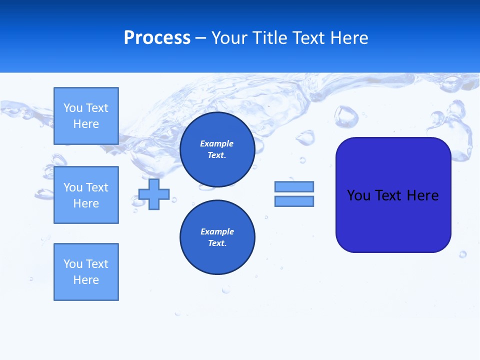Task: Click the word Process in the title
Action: pyautogui.click(x=157, y=38)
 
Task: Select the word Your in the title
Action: pyautogui.click(x=230, y=38)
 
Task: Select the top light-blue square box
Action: pyautogui.click(x=86, y=116)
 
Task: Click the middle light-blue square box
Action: pyautogui.click(x=86, y=195)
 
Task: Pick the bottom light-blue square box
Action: pyautogui.click(x=86, y=272)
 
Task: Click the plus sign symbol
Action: pyautogui.click(x=154, y=194)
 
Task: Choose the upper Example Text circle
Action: pyautogui.click(x=217, y=149)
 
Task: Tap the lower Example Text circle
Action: pyautogui.click(x=217, y=237)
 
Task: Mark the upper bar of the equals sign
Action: pyautogui.click(x=294, y=186)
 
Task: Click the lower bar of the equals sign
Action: pyautogui.click(x=294, y=201)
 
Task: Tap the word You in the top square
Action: pyautogui.click(x=72, y=108)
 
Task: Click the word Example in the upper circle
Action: pyautogui.click(x=216, y=143)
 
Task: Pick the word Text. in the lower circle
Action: pyautogui.click(x=217, y=243)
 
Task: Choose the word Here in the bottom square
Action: pyautogui.click(x=86, y=280)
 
